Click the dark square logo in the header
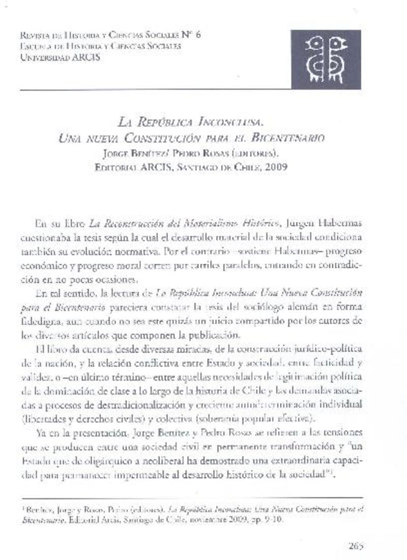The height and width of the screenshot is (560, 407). pos(326,59)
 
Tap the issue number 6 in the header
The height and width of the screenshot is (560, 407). pos(197,35)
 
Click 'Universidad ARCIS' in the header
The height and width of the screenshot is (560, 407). pos(60,57)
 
